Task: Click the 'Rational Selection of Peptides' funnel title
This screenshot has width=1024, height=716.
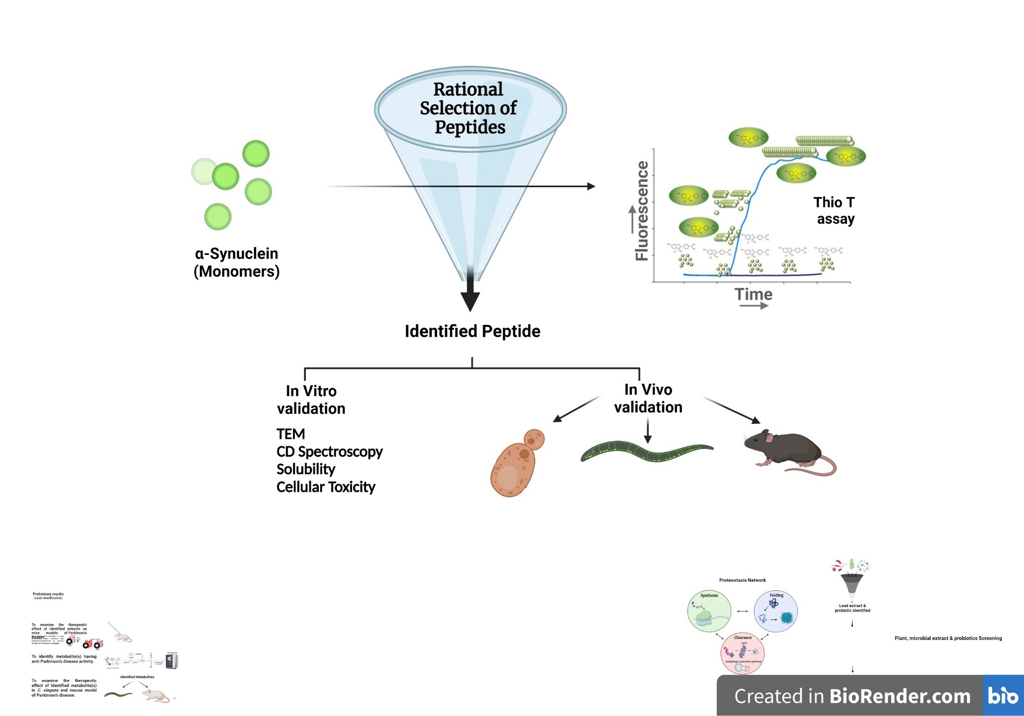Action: [468, 108]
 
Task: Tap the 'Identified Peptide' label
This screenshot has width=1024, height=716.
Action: [472, 331]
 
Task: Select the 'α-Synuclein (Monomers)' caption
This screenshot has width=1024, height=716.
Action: [236, 262]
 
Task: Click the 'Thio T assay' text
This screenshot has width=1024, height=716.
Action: [835, 210]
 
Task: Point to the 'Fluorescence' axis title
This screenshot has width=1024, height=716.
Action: [642, 210]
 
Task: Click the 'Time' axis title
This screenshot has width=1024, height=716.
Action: [753, 294]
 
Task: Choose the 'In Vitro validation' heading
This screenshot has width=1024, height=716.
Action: [311, 400]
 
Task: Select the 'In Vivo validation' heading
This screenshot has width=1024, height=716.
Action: [648, 398]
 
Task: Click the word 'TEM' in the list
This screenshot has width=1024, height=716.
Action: [290, 434]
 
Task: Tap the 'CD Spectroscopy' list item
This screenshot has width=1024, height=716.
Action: [329, 452]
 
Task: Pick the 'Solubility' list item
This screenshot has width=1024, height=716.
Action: [306, 469]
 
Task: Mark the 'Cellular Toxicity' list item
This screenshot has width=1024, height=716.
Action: [326, 487]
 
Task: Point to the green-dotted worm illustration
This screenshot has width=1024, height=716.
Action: [646, 451]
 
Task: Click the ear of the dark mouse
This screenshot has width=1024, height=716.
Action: [768, 437]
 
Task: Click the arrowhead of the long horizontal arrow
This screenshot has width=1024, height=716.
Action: [591, 186]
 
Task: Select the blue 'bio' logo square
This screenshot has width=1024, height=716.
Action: [1003, 695]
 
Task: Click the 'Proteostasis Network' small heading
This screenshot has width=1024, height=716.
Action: [742, 580]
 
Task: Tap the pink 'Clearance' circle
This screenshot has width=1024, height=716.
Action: [742, 653]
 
